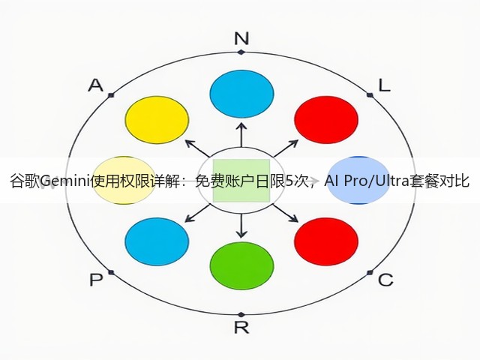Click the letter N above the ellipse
[x=241, y=38]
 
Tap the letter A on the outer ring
[x=96, y=85]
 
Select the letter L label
[x=385, y=85]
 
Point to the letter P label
[x=96, y=280]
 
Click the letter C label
[x=385, y=280]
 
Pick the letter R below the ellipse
[x=241, y=328]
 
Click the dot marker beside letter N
[x=241, y=52]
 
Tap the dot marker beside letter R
[x=241, y=315]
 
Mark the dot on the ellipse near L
[x=370, y=95]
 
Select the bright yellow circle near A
[x=157, y=120]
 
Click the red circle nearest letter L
[x=326, y=120]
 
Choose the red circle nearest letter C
[x=326, y=241]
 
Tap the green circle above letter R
[x=241, y=265]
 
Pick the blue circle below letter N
[x=241, y=94]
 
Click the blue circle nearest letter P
[x=157, y=241]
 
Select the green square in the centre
[x=241, y=181]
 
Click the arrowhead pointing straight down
[x=241, y=234]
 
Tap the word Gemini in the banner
[x=65, y=181]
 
